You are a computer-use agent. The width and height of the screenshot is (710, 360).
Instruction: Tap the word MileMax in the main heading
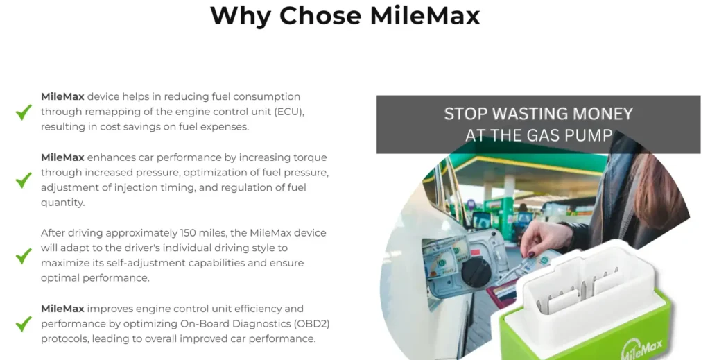[x=425, y=15]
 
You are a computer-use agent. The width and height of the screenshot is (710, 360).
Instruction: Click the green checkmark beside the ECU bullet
[x=24, y=112]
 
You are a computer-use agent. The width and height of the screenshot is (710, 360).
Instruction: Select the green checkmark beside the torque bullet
[x=24, y=180]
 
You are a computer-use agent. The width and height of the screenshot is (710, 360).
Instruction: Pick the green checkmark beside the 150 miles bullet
[x=24, y=255]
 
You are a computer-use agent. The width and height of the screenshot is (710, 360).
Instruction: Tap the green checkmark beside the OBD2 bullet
[x=24, y=323]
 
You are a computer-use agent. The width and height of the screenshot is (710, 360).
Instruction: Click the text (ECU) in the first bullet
[x=288, y=112]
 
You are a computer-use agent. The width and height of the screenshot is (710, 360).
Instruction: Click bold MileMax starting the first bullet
[x=62, y=96]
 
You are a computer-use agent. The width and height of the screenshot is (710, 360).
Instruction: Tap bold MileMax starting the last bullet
[x=62, y=309]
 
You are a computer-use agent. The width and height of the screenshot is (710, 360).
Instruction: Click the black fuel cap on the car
[x=476, y=272]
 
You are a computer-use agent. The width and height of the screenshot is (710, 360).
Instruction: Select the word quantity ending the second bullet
[x=62, y=203]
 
